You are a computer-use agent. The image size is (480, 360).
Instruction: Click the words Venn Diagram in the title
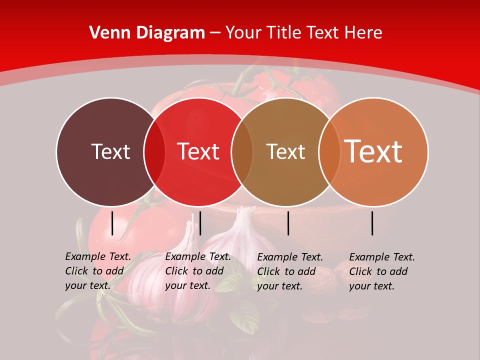tap(147, 33)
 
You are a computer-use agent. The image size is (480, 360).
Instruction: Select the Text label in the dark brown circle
tap(110, 151)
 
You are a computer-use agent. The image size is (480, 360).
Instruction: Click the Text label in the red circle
tap(198, 151)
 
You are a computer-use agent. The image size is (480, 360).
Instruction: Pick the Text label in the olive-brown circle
tap(285, 151)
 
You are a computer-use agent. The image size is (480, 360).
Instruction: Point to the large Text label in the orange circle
tap(373, 151)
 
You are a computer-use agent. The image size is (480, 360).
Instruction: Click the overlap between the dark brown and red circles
tap(154, 152)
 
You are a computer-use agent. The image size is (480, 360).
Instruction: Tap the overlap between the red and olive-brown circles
tap(241, 152)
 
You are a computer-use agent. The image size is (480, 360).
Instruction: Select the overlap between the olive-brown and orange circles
tap(327, 152)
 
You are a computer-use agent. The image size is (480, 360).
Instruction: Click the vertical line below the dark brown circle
tap(112, 223)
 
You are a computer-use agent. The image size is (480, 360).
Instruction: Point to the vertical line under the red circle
tap(200, 223)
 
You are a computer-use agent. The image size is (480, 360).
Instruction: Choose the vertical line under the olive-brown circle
tap(288, 223)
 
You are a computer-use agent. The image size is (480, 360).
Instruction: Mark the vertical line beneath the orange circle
tap(372, 223)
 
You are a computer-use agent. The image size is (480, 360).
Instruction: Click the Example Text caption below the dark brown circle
tap(98, 271)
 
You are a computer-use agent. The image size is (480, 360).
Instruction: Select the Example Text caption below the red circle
tap(198, 271)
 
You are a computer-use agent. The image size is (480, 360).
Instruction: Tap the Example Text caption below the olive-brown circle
tap(290, 271)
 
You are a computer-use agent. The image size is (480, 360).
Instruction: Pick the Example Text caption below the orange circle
tap(382, 271)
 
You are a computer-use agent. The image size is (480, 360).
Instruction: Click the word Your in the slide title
tap(244, 33)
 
